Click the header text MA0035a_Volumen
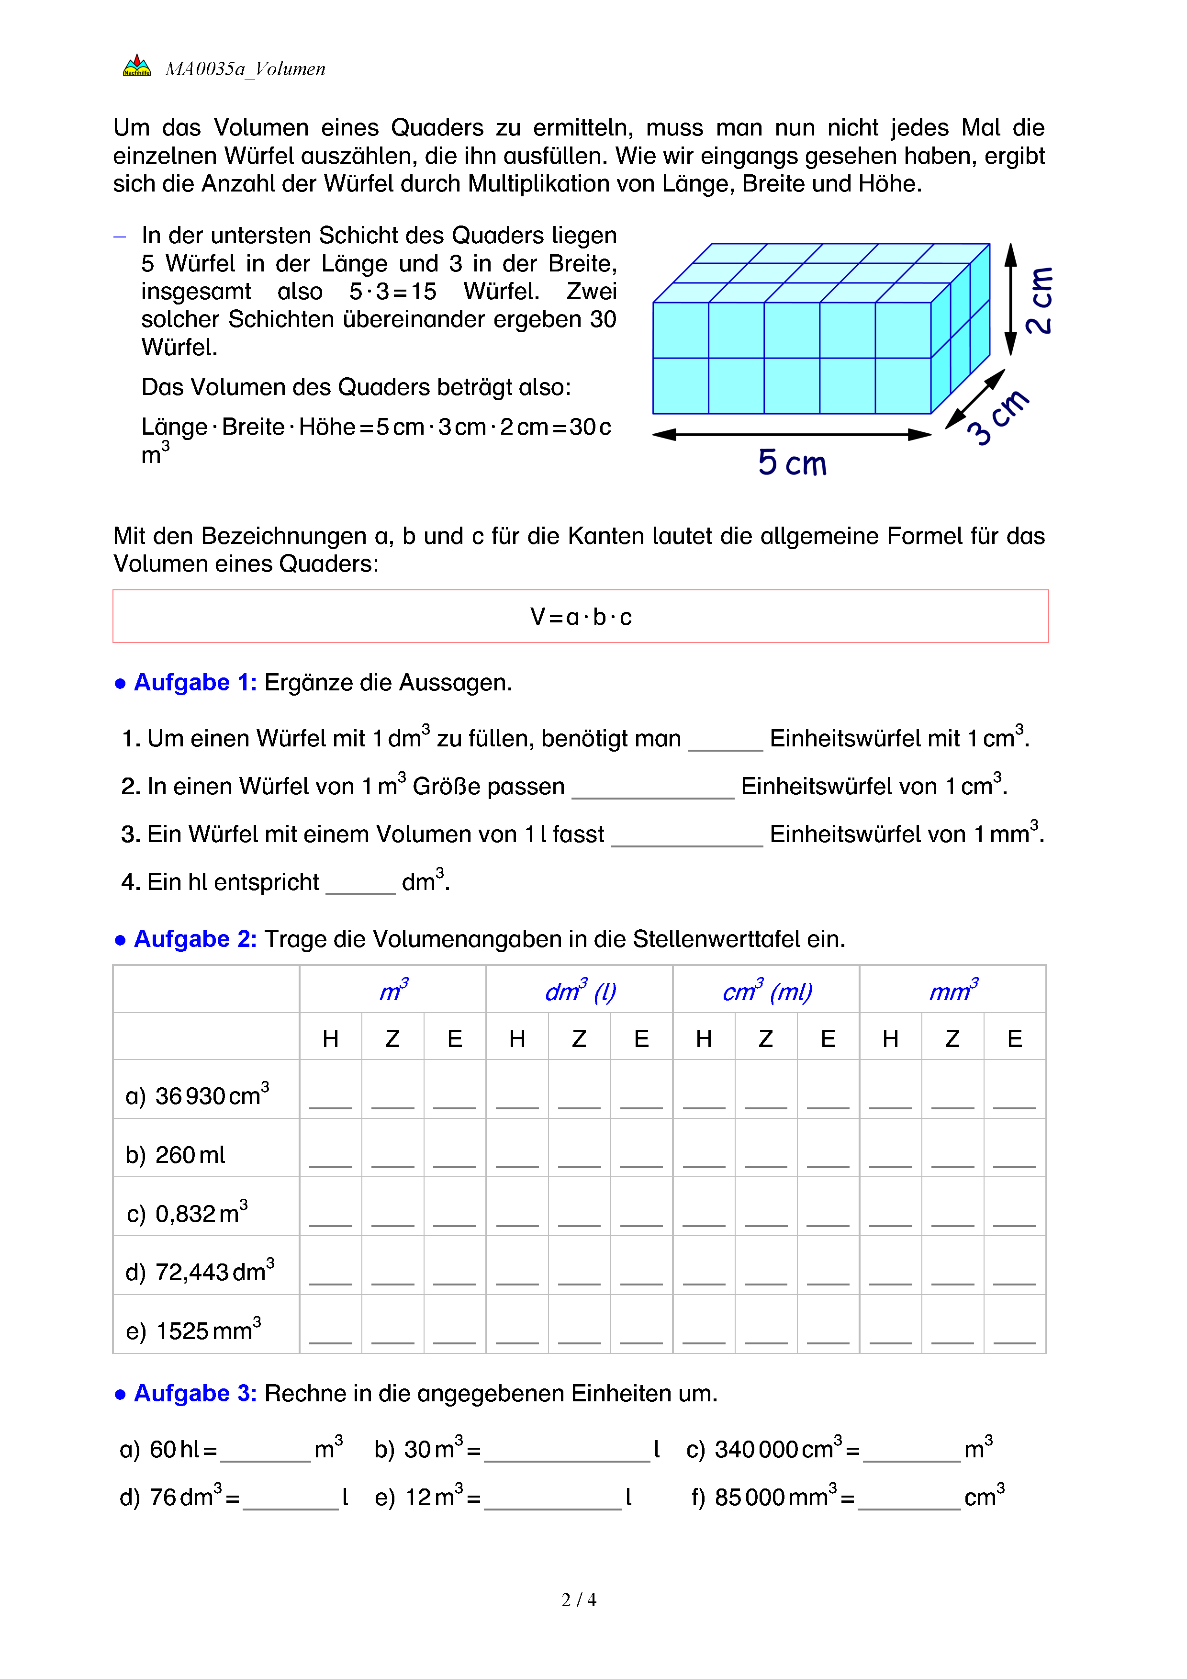point(245,69)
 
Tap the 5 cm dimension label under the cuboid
point(792,463)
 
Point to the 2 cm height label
point(1039,301)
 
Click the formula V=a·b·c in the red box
point(581,617)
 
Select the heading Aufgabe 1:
point(195,682)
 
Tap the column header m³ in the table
point(393,991)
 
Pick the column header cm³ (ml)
point(767,991)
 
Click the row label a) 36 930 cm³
point(197,1095)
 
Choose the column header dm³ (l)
point(581,991)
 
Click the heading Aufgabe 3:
point(195,1393)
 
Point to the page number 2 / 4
point(579,1600)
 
